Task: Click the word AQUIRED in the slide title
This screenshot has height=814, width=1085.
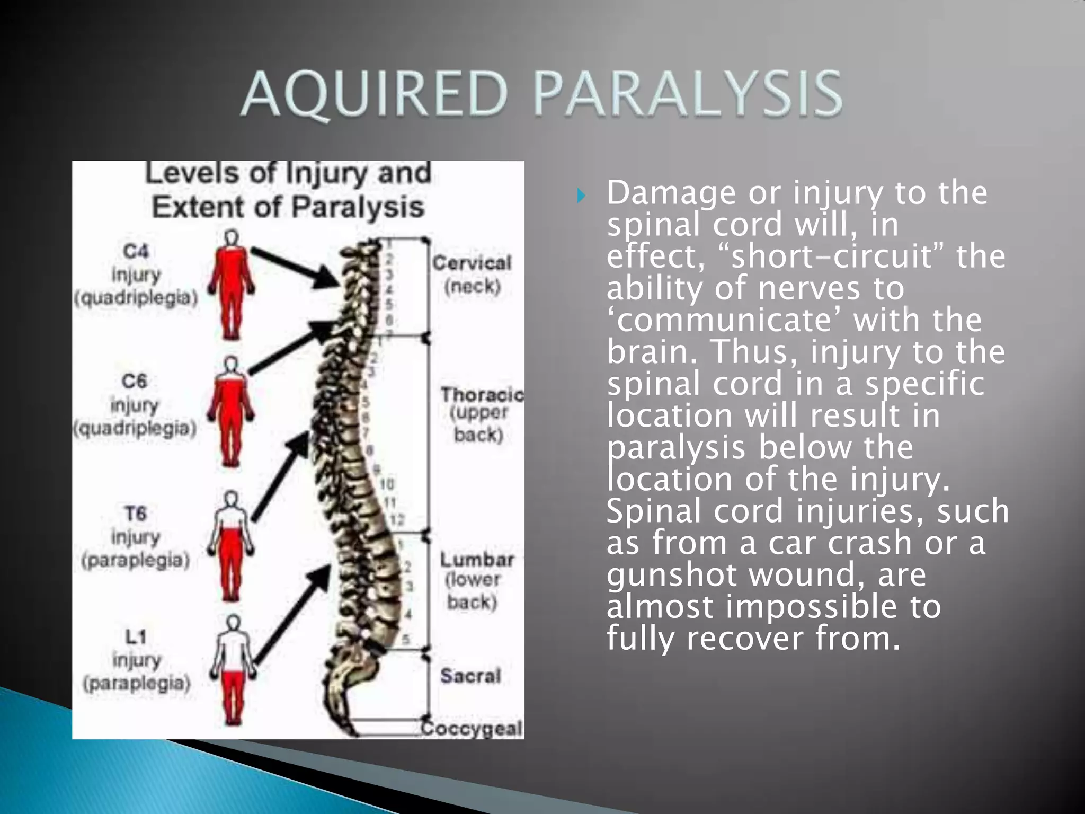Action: click(375, 94)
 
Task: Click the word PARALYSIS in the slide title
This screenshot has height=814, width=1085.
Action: click(688, 94)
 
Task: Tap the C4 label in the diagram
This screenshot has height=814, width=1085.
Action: click(136, 251)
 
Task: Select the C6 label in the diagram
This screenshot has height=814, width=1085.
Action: click(135, 381)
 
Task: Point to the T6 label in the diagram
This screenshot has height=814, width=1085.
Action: click(135, 513)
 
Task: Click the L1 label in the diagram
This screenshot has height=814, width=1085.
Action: click(136, 636)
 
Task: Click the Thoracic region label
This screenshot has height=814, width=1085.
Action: click(482, 395)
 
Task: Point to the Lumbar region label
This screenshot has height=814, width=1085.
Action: click(477, 560)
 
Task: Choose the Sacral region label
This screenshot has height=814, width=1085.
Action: click(470, 676)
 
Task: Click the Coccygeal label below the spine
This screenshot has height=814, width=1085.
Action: click(473, 728)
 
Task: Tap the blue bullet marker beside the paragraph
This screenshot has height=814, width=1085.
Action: click(581, 196)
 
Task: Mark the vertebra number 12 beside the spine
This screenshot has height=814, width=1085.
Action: click(398, 520)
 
